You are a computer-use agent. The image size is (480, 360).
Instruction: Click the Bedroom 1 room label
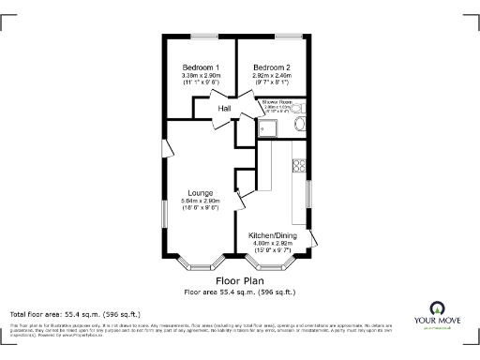click(201, 67)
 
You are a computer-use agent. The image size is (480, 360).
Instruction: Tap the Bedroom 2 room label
click(272, 67)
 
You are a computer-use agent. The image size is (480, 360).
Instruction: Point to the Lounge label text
click(201, 193)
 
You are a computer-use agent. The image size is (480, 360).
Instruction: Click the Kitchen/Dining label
click(272, 235)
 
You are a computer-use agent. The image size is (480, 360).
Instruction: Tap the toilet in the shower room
click(299, 123)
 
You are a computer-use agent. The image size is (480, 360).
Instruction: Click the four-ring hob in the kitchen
click(300, 168)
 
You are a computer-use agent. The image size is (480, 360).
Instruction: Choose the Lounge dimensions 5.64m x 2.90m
click(201, 201)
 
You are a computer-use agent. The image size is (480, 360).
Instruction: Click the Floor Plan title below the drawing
click(239, 280)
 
